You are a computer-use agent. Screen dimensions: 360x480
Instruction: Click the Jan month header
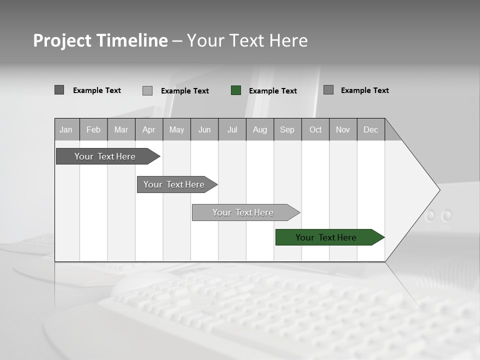coord(66,129)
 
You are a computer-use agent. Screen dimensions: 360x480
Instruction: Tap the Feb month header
coord(93,129)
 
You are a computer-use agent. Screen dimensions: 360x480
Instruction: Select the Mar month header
coord(121,129)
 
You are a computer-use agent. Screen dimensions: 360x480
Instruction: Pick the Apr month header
coord(149,129)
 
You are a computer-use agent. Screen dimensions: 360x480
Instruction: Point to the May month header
coord(176,129)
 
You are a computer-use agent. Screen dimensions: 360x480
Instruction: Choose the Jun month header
coord(204,129)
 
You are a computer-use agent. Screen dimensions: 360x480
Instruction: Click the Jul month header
coord(232,129)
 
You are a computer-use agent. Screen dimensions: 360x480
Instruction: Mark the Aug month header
coord(260,129)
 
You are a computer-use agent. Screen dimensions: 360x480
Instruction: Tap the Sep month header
coord(287,129)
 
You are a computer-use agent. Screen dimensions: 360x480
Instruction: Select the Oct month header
coord(315,129)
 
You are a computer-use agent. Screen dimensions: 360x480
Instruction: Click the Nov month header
coord(343,129)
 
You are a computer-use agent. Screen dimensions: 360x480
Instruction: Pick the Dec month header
coord(371,129)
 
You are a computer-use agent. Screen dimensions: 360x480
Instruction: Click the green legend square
coord(236,90)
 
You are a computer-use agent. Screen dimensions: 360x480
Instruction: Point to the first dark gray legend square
coord(59,90)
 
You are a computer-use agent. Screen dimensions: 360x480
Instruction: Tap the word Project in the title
coord(61,40)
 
